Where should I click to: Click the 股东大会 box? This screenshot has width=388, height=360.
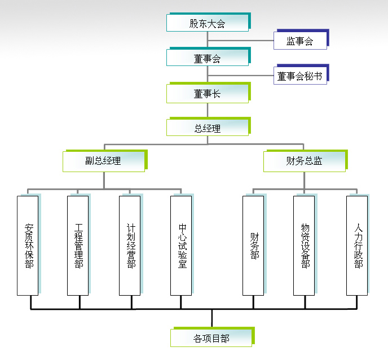tap(207, 23)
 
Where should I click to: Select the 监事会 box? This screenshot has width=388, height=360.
tap(299, 40)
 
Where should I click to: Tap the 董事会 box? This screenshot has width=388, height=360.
tap(207, 58)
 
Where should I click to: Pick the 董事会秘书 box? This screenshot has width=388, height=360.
tap(300, 76)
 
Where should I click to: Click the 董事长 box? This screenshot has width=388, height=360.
tap(207, 94)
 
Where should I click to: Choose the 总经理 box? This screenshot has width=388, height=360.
tap(207, 128)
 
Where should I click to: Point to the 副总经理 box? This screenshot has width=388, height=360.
tap(103, 161)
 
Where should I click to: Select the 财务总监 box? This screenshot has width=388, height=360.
tap(304, 161)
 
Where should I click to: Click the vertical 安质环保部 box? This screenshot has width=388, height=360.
tap(28, 245)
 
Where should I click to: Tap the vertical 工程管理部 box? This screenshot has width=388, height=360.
tap(78, 245)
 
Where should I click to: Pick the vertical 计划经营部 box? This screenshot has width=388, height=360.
tap(130, 245)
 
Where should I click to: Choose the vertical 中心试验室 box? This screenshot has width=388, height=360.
tap(181, 245)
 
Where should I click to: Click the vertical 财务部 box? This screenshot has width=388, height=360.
tap(253, 245)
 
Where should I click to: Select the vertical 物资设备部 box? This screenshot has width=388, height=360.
tap(304, 245)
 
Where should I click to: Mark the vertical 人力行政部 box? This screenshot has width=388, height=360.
tap(357, 245)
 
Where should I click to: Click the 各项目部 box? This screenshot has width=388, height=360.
tap(211, 338)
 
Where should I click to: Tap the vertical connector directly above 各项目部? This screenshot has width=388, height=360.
tap(211, 319)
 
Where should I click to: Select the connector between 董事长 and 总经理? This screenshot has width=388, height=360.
tap(208, 111)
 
